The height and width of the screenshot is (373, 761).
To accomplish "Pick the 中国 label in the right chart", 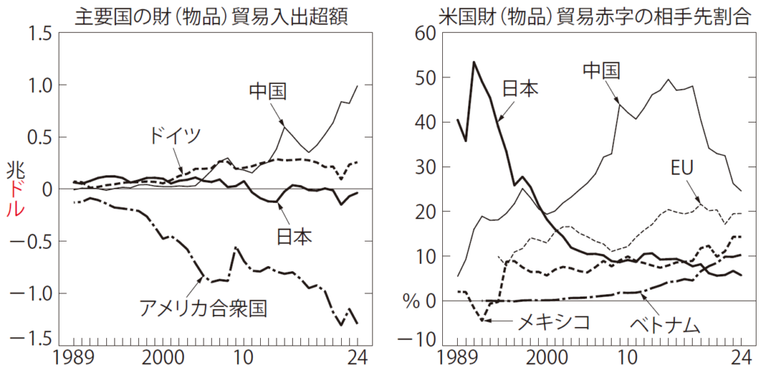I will click(x=600, y=71).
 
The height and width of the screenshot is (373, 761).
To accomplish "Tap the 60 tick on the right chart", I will click(x=429, y=34).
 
